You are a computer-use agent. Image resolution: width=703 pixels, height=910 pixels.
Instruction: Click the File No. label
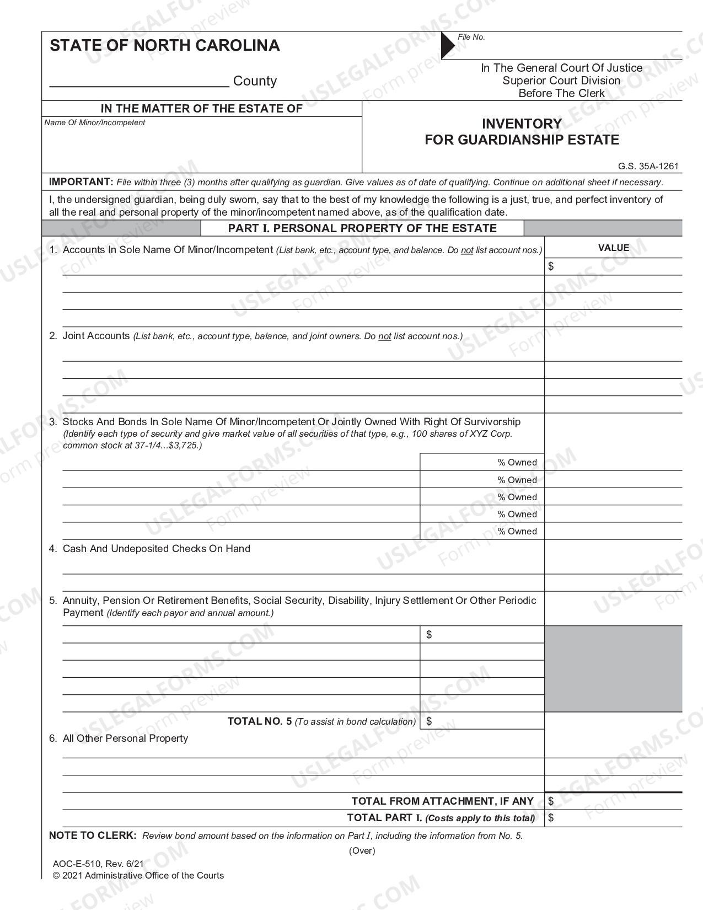pos(471,37)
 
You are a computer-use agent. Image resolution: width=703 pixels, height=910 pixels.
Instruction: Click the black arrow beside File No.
pos(447,45)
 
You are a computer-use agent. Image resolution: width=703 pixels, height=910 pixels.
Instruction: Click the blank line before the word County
pos(139,82)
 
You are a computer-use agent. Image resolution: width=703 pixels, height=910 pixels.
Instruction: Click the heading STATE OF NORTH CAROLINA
pos(165,45)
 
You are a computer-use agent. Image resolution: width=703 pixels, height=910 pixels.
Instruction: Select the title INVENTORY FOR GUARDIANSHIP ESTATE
pos(522,132)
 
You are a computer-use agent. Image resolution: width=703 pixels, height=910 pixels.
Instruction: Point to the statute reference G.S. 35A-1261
pos(648,166)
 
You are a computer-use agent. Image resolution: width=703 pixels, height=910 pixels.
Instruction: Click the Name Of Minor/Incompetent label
pos(94,122)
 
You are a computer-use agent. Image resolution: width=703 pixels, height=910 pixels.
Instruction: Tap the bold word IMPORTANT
pos(81,182)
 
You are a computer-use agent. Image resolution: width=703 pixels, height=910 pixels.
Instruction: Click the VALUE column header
pos(613,248)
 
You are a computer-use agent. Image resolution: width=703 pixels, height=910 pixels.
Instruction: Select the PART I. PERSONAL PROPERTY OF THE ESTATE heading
pos(362,228)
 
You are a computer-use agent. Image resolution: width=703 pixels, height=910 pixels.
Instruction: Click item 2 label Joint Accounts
pos(96,335)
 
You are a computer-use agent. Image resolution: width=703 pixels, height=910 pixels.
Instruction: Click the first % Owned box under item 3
pos(482,462)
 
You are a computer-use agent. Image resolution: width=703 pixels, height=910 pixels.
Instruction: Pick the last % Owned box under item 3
pos(482,531)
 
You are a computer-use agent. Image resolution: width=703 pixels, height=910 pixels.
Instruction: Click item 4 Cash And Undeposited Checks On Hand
pos(156,548)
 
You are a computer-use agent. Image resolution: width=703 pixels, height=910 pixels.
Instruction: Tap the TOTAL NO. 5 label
pos(259,721)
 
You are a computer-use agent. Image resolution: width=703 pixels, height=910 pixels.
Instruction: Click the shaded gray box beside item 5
pos(613,668)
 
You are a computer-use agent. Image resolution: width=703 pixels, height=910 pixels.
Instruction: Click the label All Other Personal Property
pos(125,738)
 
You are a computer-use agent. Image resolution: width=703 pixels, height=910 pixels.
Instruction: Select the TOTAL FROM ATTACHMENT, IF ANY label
pos(442,801)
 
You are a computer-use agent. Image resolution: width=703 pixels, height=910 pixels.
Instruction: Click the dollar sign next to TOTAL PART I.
pos(551,817)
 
